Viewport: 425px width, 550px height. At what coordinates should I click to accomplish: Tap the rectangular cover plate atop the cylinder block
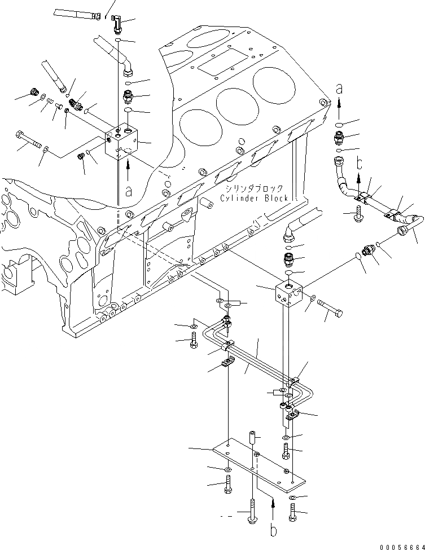pyautogui.click(x=214, y=71)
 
